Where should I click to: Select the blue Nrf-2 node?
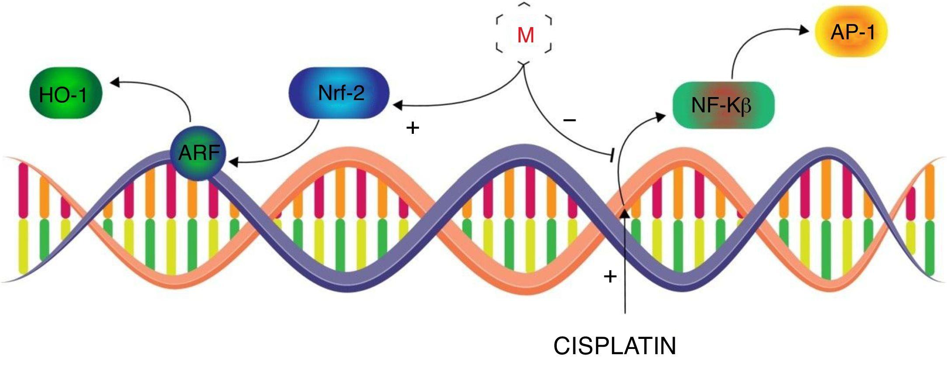(340, 93)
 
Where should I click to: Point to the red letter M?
(525, 35)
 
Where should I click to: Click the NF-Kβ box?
(723, 106)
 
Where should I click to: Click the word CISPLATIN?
(614, 346)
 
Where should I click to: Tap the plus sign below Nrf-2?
(413, 128)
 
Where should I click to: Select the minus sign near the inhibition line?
(569, 120)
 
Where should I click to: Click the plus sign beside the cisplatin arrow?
(610, 276)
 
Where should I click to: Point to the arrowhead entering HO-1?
(114, 81)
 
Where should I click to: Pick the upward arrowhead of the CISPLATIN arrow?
(625, 213)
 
